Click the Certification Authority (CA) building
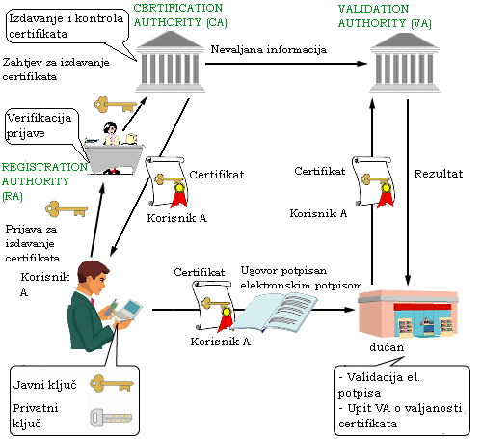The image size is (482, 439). click(x=171, y=62)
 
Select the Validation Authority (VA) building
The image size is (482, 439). click(x=405, y=63)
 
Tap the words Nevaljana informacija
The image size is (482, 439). click(x=269, y=50)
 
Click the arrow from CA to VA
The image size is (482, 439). click(x=286, y=64)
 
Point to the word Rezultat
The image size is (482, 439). click(x=439, y=174)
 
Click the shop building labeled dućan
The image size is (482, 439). click(x=408, y=314)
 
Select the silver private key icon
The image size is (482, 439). click(x=111, y=418)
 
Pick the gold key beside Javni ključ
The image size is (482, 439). click(x=111, y=383)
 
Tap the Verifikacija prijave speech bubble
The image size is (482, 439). click(x=41, y=126)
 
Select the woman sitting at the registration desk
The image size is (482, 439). click(x=110, y=133)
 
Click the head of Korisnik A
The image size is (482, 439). click(x=94, y=277)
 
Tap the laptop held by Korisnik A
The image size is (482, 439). click(x=128, y=311)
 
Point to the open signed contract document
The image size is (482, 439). click(x=275, y=313)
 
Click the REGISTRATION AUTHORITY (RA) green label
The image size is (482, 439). click(x=44, y=181)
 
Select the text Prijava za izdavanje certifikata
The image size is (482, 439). click(x=32, y=243)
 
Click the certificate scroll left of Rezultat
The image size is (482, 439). click(x=373, y=182)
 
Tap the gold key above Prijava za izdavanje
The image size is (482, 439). click(x=67, y=209)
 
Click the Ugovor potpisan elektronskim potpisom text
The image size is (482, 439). click(x=302, y=278)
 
